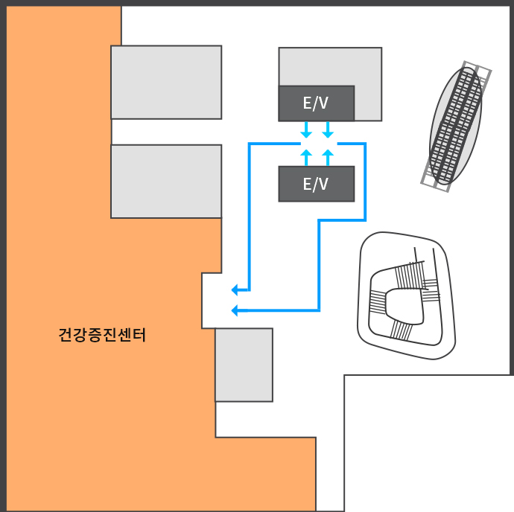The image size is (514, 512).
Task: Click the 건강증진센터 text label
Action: click(102, 335)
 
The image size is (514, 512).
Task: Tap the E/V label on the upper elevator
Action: click(315, 103)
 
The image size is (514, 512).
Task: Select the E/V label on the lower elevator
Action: click(315, 184)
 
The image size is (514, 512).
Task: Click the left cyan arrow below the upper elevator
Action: click(306, 129)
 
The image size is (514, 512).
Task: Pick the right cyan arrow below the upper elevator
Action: click(328, 129)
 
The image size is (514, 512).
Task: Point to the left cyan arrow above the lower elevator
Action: click(306, 157)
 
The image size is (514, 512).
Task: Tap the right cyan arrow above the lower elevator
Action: click(328, 157)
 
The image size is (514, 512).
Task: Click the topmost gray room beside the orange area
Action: click(166, 82)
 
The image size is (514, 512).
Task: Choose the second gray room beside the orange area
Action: click(166, 181)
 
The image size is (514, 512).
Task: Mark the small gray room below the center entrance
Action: click(244, 365)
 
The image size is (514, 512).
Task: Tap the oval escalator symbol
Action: click(456, 126)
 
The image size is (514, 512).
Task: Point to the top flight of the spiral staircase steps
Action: click(409, 276)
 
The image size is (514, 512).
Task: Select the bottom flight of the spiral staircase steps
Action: click(401, 330)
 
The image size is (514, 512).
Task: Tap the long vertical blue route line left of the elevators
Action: click(250, 217)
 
